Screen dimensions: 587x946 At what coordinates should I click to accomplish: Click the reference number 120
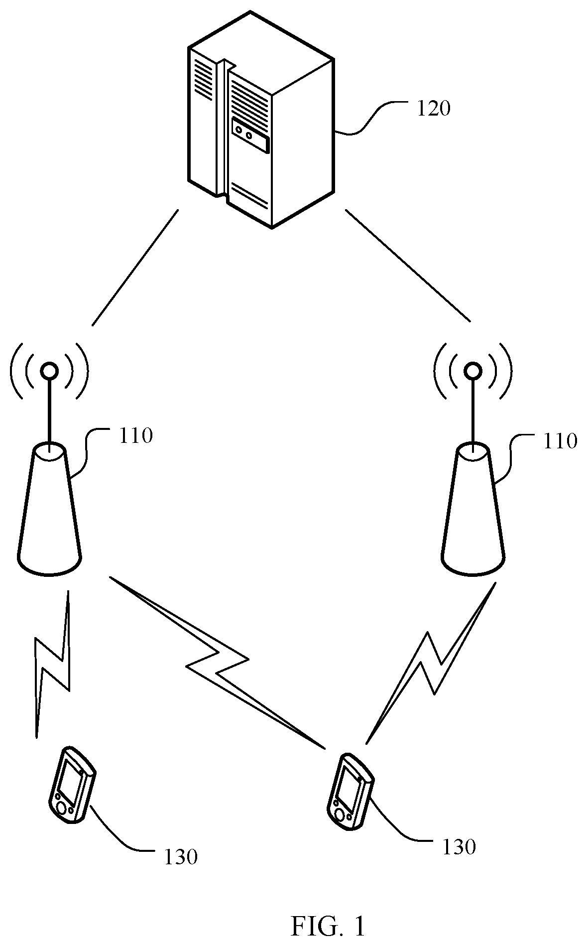click(433, 109)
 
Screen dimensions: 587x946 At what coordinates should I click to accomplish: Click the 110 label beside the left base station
click(135, 436)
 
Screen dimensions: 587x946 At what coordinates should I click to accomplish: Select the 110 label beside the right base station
click(560, 441)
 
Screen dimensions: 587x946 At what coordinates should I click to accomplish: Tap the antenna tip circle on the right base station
click(472, 371)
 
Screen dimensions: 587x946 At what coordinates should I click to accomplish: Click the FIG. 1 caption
click(328, 912)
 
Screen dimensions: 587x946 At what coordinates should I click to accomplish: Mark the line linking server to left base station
click(135, 268)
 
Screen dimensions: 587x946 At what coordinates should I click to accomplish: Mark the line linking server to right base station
click(408, 265)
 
